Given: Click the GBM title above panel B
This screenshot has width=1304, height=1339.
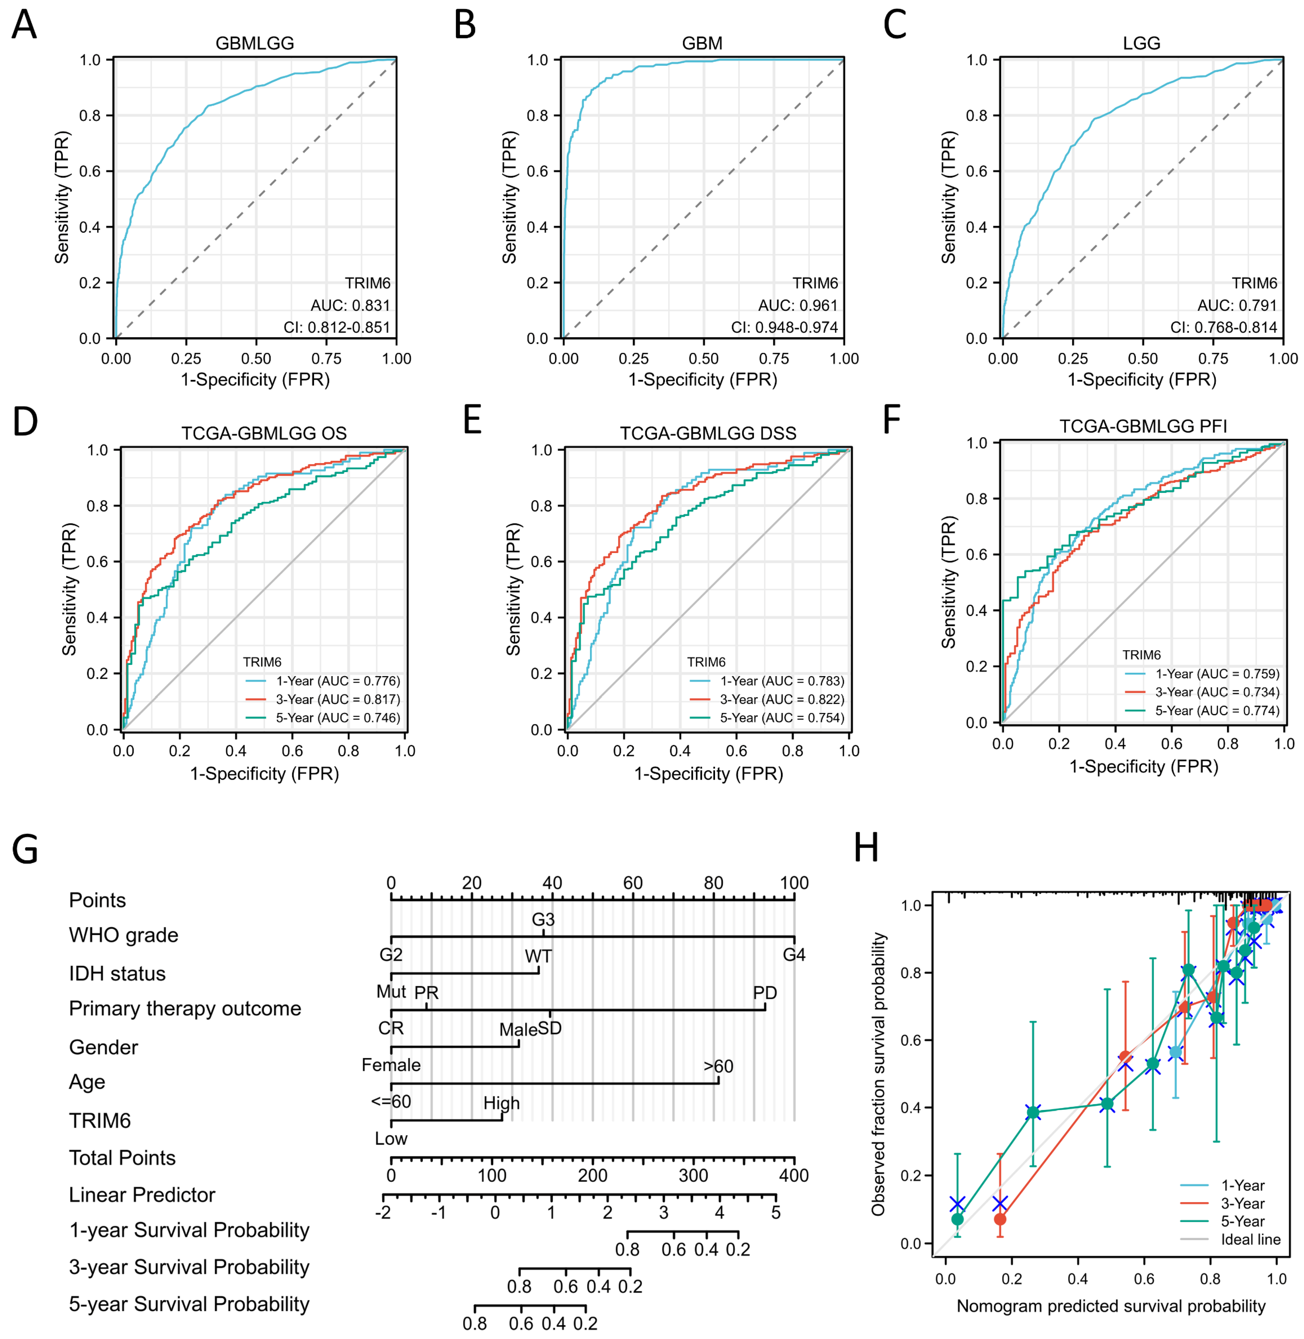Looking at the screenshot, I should tap(702, 43).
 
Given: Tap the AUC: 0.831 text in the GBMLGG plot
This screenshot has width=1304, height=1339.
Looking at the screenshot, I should tap(350, 305).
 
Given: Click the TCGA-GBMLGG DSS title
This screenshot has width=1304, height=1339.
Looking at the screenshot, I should tap(707, 433).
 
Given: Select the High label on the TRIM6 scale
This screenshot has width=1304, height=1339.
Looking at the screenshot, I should tap(501, 1103).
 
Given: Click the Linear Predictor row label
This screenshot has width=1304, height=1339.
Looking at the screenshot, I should tap(142, 1195).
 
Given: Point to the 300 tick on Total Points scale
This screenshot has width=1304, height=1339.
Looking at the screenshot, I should tap(693, 1175).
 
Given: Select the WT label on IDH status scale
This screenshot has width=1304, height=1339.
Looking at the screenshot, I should tap(538, 956).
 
